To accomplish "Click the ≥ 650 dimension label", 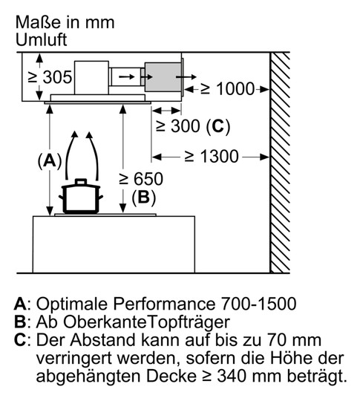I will tap(141, 179).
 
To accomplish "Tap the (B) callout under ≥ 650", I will tap(143, 198).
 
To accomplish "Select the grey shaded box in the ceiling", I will tap(163, 76).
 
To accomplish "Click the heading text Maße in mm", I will tap(65, 22).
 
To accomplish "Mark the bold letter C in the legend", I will tap(20, 340).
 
